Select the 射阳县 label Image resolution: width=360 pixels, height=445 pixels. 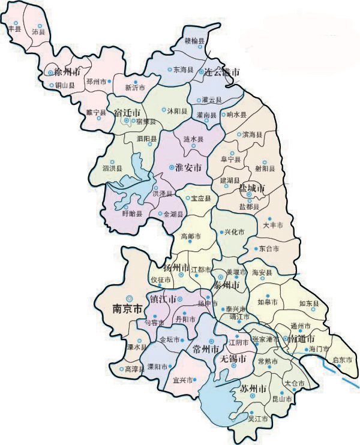264,169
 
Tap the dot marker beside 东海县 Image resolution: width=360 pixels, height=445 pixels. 169,70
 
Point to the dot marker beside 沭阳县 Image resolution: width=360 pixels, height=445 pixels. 164,110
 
